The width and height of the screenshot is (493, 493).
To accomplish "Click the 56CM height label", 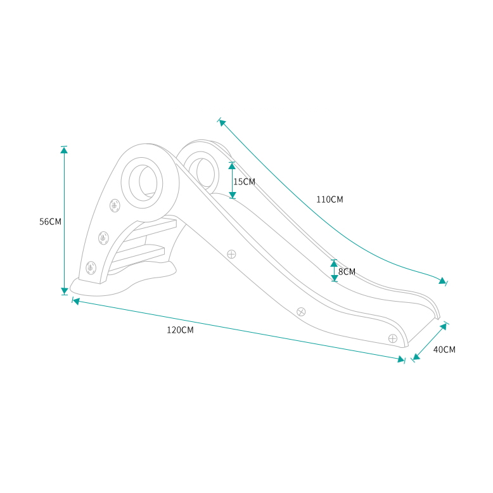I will coord(50,222).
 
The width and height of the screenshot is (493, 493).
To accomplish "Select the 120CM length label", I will coord(180,330).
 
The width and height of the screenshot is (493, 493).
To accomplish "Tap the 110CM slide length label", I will coord(330,200).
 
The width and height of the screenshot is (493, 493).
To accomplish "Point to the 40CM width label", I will coord(444,349).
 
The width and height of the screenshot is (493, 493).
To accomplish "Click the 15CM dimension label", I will coord(244,182).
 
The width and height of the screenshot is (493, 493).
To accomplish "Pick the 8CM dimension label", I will coord(347,272).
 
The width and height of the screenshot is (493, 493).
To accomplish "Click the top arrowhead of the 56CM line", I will coord(64,150).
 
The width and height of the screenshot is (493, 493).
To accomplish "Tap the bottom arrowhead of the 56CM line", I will coord(64,291).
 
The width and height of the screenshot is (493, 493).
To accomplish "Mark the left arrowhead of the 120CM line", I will coord(76,301).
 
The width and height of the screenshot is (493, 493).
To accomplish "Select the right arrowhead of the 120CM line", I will coord(400,359).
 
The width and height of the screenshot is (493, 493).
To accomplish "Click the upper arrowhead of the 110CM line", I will coord(222,122).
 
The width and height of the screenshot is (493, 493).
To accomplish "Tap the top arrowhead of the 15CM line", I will coord(233,166).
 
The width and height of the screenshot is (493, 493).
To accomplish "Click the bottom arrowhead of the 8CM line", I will coord(334,277).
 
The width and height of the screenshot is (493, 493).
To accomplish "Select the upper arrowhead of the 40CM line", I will coord(443,327).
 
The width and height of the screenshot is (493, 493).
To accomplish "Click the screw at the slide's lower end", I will coord(393,338).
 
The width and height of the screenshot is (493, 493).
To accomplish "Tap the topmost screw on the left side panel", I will coord(115,205).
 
